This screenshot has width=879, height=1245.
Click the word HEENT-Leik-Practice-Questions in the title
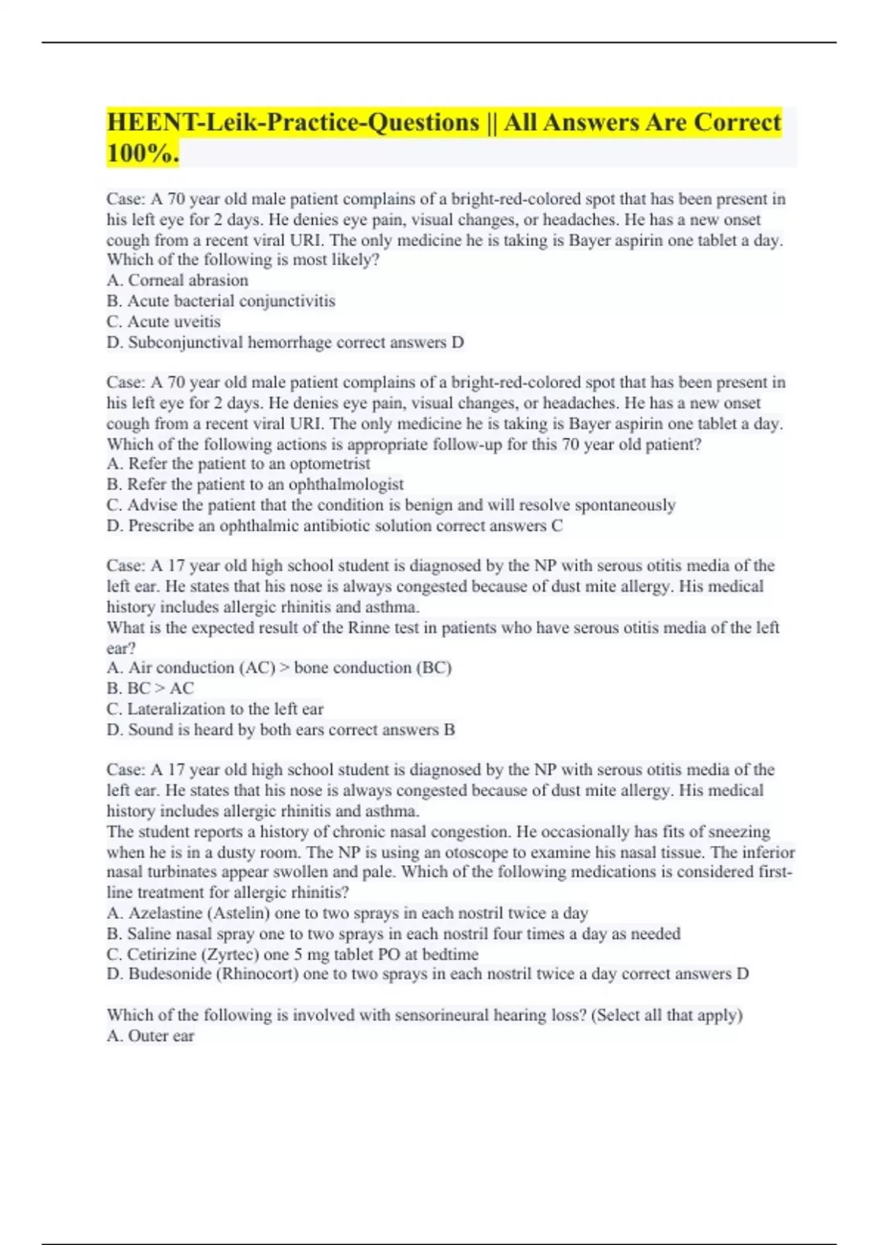[x=293, y=122]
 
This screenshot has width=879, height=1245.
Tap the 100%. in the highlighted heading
[x=143, y=153]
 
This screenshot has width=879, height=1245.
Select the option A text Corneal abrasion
[x=188, y=280]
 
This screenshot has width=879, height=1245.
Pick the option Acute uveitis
[x=174, y=322]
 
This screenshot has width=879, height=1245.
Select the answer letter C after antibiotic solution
[x=557, y=525]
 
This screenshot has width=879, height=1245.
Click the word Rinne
[x=368, y=628]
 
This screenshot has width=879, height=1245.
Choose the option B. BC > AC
[x=151, y=688]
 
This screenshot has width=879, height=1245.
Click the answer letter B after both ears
[x=449, y=729]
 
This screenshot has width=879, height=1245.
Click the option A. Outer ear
[x=151, y=1036]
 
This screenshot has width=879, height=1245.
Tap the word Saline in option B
[x=149, y=934]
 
